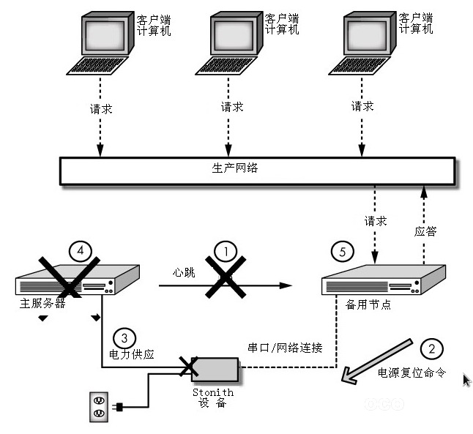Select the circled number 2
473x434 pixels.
432,348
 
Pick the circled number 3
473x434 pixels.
125,338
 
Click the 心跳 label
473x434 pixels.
184,272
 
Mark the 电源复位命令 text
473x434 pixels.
411,373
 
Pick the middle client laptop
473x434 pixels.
229,45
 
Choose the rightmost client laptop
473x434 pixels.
362,45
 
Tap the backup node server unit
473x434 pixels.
384,279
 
